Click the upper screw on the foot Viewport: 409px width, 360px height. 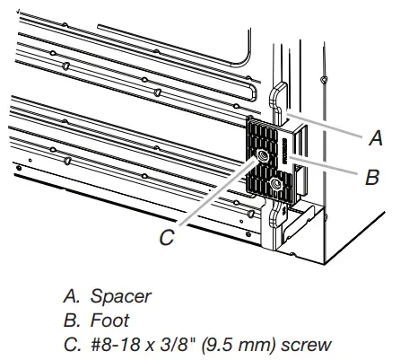pyautogui.click(x=262, y=155)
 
